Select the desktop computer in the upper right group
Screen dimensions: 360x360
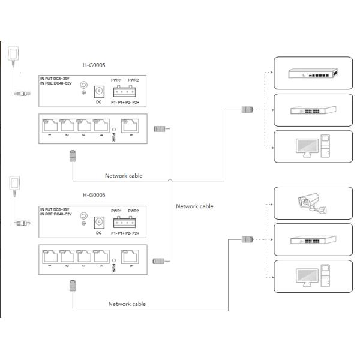click(x=311, y=146)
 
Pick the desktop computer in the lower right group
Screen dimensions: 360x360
click(x=311, y=277)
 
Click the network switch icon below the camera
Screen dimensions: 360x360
click(x=311, y=241)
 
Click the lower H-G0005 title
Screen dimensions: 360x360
click(x=94, y=195)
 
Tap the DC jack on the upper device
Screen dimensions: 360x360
click(x=99, y=91)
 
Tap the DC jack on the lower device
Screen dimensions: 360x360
click(x=99, y=221)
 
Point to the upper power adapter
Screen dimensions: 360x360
click(x=13, y=55)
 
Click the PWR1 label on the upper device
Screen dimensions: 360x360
click(x=117, y=79)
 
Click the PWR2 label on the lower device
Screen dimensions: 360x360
click(x=133, y=209)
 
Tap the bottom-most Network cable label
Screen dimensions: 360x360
click(x=127, y=304)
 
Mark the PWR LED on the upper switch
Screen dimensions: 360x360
click(x=113, y=128)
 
